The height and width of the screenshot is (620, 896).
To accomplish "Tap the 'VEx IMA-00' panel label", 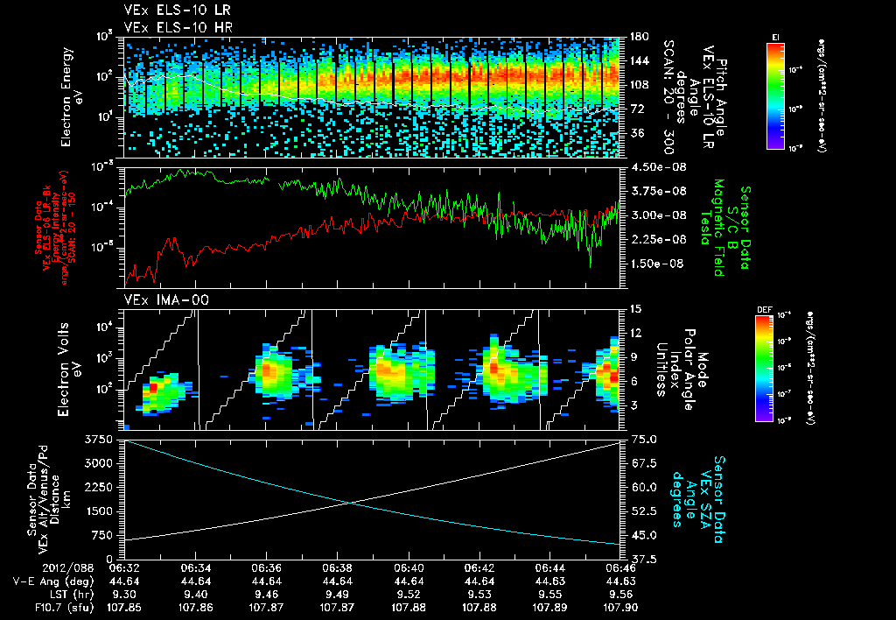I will click(157, 300).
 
